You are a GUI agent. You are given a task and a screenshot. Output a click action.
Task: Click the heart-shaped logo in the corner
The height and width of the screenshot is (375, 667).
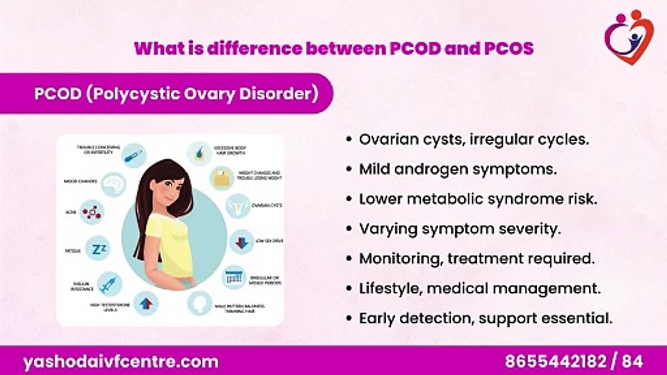point(628,37)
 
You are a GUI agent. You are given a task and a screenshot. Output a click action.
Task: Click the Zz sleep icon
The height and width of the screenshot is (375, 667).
point(97,248)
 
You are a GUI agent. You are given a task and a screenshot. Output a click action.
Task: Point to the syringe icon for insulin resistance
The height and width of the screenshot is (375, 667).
point(109,284)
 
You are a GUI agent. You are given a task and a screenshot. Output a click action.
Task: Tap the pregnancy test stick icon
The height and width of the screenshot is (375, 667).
point(134,155)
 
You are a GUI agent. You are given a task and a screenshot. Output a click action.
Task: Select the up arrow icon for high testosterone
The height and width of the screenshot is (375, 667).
point(146,303)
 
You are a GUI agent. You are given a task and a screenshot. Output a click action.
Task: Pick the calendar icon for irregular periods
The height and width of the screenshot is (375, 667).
point(235,278)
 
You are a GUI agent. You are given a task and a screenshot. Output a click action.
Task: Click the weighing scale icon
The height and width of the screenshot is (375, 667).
point(222,178)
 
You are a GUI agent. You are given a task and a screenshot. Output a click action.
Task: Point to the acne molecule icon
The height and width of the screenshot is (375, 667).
point(92,213)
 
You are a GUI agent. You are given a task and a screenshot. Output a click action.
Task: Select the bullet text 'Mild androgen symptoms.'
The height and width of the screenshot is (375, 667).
point(458,169)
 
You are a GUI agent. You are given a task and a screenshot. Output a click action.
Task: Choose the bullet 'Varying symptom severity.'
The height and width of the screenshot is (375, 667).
point(460,229)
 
